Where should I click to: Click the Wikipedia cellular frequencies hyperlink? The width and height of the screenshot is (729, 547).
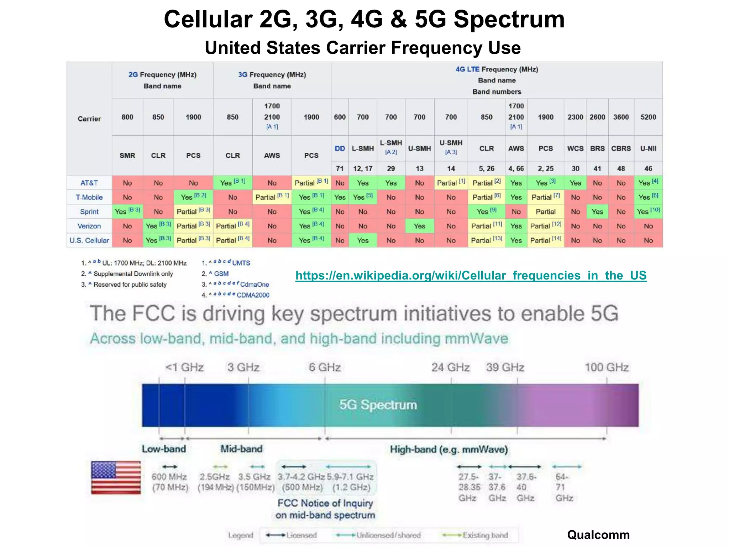click(471, 275)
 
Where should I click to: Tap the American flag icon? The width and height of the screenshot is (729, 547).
click(116, 477)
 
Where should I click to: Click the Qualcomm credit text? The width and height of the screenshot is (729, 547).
click(598, 535)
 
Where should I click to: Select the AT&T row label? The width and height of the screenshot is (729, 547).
click(89, 183)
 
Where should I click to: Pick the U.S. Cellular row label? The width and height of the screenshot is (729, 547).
click(89, 240)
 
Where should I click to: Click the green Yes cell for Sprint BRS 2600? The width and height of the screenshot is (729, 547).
click(597, 212)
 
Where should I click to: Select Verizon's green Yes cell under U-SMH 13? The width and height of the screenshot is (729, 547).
click(419, 226)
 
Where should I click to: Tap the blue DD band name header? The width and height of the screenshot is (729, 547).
click(340, 149)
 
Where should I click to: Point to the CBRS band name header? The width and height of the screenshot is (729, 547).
click(621, 149)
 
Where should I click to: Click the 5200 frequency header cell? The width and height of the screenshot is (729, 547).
click(648, 117)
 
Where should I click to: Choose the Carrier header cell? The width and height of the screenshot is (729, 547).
click(89, 119)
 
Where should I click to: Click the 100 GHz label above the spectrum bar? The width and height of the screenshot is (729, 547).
click(607, 367)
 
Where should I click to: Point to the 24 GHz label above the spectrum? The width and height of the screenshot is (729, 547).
click(450, 367)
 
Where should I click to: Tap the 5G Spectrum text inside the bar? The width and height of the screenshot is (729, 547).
click(378, 405)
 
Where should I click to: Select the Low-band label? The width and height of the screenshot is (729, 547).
click(164, 449)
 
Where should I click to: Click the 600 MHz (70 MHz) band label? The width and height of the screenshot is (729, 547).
click(170, 482)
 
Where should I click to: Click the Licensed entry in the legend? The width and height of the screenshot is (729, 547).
click(301, 535)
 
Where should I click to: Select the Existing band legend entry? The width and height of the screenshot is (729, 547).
click(485, 535)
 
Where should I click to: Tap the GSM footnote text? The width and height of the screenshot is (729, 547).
click(221, 273)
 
